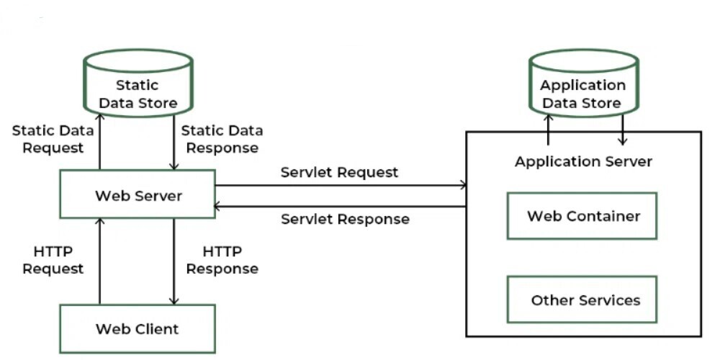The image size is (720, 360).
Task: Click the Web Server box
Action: tap(138, 194)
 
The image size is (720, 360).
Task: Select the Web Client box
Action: tap(137, 329)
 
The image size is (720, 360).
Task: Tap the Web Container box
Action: tap(582, 215)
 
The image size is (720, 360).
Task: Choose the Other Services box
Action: tap(582, 300)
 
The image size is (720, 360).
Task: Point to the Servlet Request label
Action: tap(339, 172)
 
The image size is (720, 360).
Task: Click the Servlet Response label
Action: tap(345, 219)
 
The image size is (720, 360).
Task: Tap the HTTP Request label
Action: tap(53, 261)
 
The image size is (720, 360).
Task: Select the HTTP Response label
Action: tap(222, 261)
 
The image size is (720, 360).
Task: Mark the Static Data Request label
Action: tap(53, 139)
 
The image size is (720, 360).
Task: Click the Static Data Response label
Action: tap(221, 139)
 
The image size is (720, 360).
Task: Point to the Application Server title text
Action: tap(583, 161)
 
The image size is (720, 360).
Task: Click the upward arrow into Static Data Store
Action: tap(99, 140)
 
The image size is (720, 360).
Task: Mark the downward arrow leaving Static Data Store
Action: tap(174, 140)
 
